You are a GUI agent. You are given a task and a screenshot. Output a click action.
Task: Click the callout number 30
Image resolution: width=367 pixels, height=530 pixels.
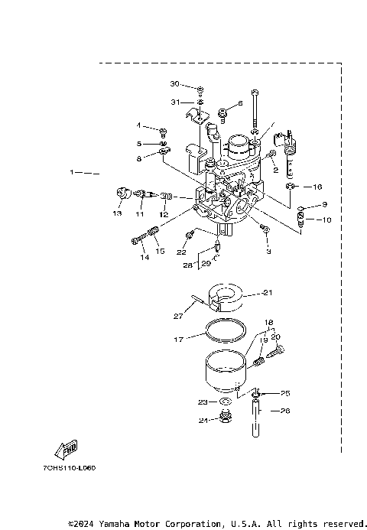coord(174,83)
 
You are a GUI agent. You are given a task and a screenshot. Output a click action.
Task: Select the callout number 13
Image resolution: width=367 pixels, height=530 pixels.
coord(117,213)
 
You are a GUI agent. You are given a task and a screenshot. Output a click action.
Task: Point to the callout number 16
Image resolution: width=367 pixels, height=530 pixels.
coord(317,186)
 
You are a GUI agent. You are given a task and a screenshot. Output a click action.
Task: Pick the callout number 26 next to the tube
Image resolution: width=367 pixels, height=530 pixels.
coord(286,411)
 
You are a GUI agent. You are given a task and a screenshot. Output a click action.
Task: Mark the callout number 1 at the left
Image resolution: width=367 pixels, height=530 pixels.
coord(73,173)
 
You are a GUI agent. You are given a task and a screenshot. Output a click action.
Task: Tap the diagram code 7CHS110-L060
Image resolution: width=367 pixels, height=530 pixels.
coord(75,467)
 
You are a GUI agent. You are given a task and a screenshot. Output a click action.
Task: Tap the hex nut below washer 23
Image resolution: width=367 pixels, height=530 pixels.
coord(226,418)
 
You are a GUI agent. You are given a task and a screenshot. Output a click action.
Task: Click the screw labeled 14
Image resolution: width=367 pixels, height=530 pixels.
coord(138,241)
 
